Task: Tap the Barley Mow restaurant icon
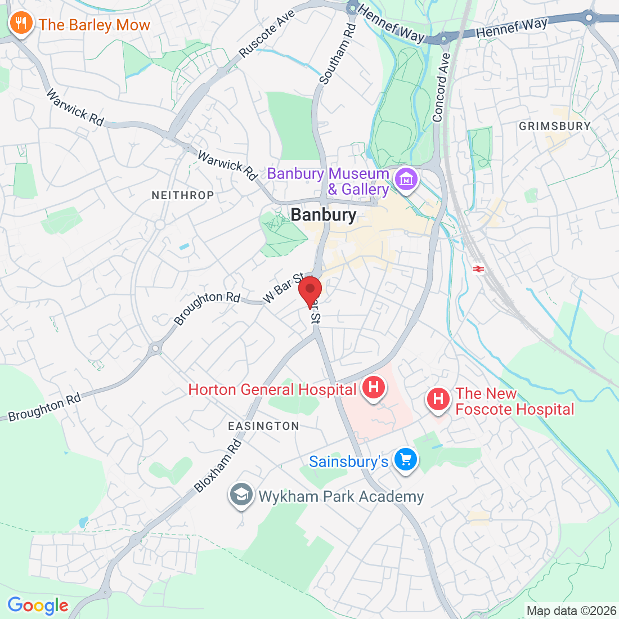point(21,24)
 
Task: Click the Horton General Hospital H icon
point(373,388)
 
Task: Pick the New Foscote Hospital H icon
point(438,400)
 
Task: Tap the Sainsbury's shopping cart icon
point(405,460)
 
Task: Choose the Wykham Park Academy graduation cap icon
point(241,495)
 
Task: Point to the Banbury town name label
point(324,215)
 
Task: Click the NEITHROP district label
point(183,195)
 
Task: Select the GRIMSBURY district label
point(555,126)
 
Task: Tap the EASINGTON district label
point(263,426)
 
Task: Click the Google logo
point(38,605)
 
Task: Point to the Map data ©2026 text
point(571,611)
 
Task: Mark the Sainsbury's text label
point(348,461)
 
